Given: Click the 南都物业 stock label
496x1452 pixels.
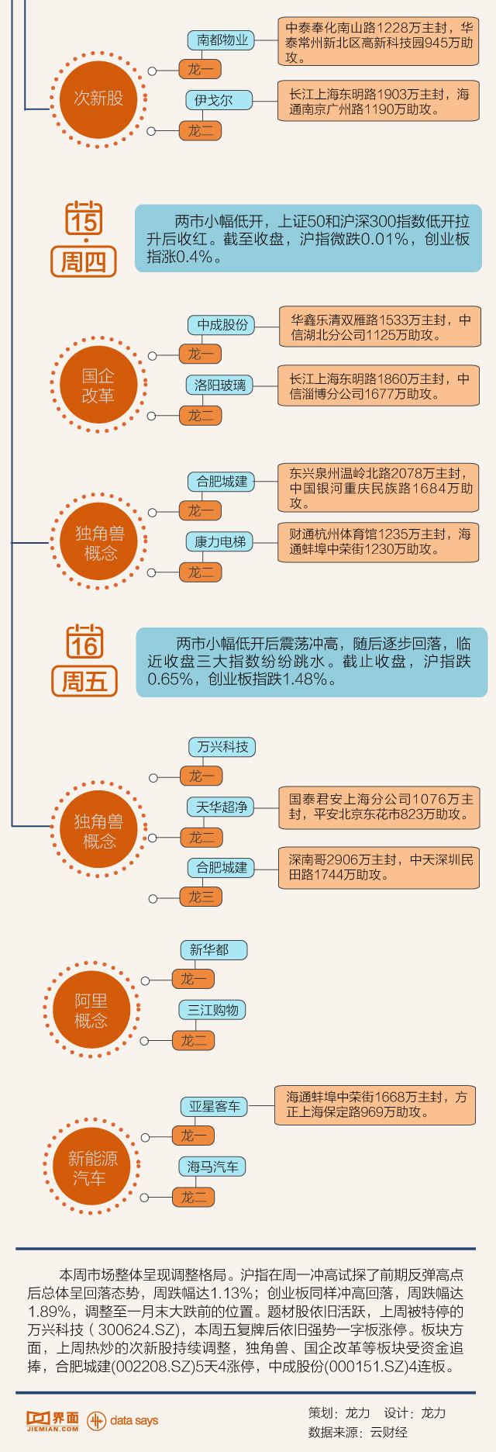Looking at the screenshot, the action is [222, 40].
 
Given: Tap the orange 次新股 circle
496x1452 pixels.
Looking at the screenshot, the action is [98, 99].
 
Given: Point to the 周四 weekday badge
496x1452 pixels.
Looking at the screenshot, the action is [84, 261].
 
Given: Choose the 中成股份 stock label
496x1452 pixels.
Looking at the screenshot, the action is [222, 324].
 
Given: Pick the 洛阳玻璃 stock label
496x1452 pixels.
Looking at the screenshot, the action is [220, 385].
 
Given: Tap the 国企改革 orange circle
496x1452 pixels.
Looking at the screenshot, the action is [98, 385].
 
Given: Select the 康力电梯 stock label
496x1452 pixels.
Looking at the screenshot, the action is [220, 541].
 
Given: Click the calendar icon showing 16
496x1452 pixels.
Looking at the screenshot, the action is [84, 641].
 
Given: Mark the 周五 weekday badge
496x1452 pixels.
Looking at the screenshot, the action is [84, 681].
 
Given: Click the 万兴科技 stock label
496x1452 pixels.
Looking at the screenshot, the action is [222, 747].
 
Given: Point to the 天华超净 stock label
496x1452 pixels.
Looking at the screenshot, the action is [222, 807].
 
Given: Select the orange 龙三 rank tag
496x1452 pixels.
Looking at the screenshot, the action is [201, 897].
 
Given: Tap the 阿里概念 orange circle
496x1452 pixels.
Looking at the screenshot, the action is [91, 1011].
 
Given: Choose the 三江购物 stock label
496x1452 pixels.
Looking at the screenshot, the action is [212, 1010].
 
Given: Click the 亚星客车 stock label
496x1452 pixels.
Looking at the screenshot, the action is [214, 1106].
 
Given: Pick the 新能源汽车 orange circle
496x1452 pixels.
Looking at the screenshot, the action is [92, 1167].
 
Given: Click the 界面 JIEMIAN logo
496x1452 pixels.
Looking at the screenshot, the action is [53, 1420].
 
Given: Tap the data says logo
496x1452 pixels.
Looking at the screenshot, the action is [122, 1420].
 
